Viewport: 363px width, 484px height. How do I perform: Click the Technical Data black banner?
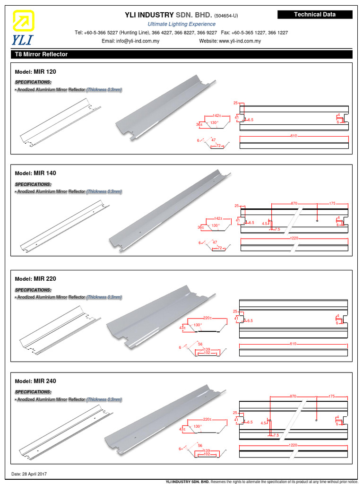[x=314, y=15]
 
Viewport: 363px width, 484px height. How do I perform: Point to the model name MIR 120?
[x=44, y=71]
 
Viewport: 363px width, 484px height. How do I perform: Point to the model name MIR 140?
[x=44, y=173]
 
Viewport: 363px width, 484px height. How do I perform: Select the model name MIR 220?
[x=44, y=279]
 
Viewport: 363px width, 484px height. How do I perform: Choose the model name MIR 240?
[x=44, y=381]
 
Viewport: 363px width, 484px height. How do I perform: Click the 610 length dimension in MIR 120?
[x=294, y=136]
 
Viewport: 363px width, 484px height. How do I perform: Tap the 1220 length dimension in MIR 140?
[x=294, y=239]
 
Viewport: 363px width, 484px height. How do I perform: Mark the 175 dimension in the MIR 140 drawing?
[x=332, y=203]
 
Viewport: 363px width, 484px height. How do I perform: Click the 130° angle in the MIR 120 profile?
[x=214, y=123]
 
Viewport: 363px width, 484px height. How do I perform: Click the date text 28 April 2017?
[x=35, y=474]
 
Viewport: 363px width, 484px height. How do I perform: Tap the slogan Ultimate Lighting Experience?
[x=181, y=24]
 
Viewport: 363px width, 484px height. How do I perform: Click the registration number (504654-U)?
[x=229, y=16]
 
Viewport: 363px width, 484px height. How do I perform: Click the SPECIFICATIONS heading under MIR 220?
[x=33, y=290]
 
